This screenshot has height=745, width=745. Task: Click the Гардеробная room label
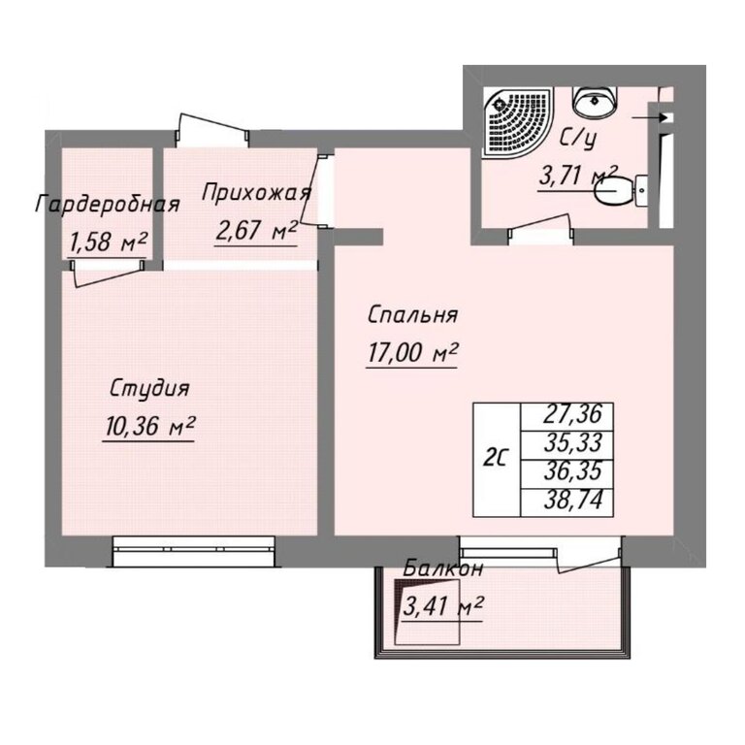(108, 205)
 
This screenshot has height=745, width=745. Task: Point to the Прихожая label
(256, 194)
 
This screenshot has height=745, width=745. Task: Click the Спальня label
(412, 315)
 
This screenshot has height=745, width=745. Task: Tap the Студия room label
(149, 389)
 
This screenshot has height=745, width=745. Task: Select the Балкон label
(442, 568)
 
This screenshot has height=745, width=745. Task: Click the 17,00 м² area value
(412, 352)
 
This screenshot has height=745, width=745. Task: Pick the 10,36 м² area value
(148, 426)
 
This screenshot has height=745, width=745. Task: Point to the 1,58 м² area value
(108, 243)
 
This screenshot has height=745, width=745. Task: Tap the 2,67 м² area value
(256, 231)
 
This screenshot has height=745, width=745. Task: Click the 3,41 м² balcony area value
(442, 606)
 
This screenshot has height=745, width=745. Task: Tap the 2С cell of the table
(497, 460)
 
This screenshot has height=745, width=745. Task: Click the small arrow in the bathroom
(650, 116)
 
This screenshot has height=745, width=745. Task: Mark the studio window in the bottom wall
(194, 551)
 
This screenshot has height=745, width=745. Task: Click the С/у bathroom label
(577, 139)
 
